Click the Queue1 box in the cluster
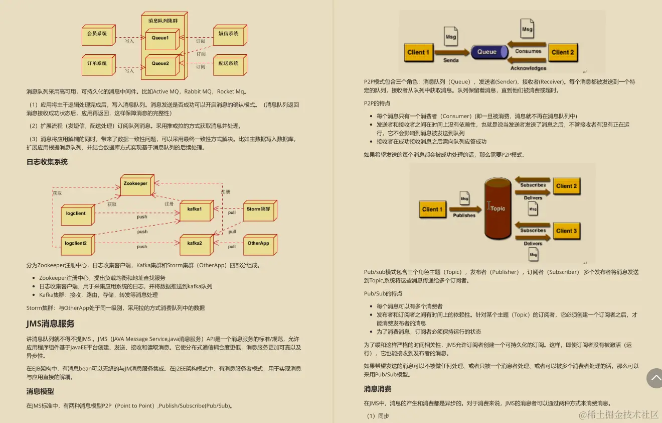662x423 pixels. click(160, 38)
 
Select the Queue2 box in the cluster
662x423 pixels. click(160, 64)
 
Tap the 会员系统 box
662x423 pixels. click(97, 34)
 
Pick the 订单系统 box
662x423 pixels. click(97, 64)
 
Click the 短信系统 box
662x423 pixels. click(229, 34)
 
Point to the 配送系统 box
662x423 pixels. click(229, 64)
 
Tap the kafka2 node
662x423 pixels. click(195, 244)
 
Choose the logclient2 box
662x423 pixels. click(76, 244)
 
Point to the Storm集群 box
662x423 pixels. click(258, 209)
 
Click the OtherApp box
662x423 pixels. click(258, 244)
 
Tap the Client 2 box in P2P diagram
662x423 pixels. click(563, 52)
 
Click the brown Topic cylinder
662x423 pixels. click(497, 208)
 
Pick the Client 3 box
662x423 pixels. click(566, 231)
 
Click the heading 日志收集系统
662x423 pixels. click(47, 162)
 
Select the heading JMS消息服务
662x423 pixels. click(50, 324)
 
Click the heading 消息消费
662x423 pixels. click(378, 389)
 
